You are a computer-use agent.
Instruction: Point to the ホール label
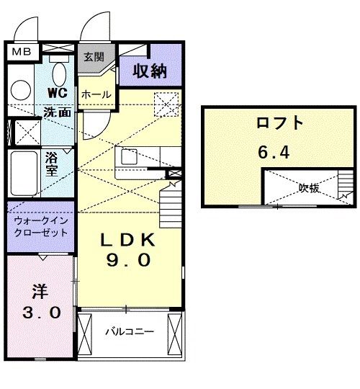point(95,94)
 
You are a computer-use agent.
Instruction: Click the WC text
point(57,94)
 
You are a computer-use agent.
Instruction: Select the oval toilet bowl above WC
point(60,73)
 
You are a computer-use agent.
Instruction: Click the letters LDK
point(129,238)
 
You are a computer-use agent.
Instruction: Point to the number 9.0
point(129,261)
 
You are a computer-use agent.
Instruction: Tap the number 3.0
point(40,313)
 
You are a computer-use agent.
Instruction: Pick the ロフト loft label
point(279,123)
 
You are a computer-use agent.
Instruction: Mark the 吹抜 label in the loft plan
point(310,188)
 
